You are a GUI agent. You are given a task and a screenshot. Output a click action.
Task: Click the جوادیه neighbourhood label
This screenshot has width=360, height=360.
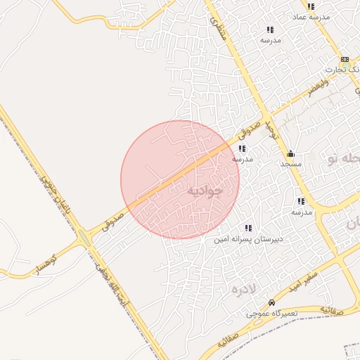[205, 190]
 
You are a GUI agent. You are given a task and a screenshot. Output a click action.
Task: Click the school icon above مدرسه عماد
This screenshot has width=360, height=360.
[311, 6]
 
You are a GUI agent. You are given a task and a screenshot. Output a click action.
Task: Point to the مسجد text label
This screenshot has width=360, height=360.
[290, 164]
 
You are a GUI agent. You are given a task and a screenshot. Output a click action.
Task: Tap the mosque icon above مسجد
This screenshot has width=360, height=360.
[290, 154]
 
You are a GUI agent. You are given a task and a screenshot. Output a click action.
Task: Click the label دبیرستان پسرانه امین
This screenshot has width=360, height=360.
[249, 239]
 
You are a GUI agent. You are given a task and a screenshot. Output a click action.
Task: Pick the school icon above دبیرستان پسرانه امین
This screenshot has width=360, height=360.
[247, 228]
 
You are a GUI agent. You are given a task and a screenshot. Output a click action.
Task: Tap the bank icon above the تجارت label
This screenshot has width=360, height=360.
[345, 60]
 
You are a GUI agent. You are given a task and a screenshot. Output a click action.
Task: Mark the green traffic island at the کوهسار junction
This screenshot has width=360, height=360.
[85, 239]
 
